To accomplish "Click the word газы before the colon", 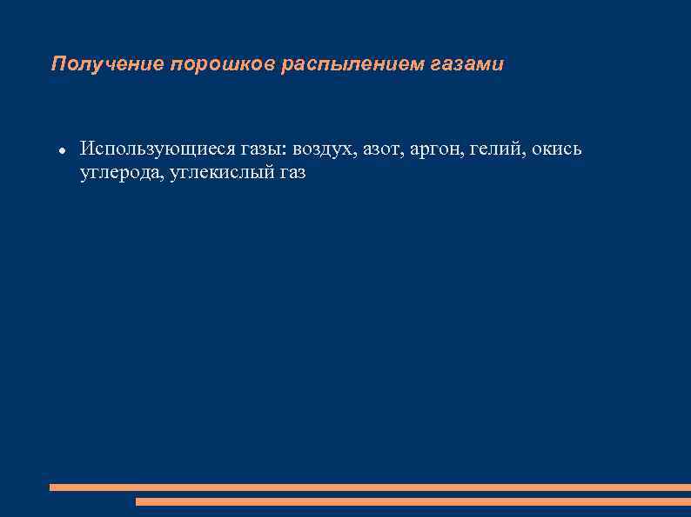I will pyautogui.click(x=247, y=149).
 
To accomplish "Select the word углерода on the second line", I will pyautogui.click(x=120, y=173).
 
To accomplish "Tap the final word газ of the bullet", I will pyautogui.click(x=292, y=173).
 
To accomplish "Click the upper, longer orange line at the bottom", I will pyautogui.click(x=370, y=487).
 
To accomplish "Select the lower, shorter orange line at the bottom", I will pyautogui.click(x=413, y=501).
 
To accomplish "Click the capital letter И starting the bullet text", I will pyautogui.click(x=86, y=149).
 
